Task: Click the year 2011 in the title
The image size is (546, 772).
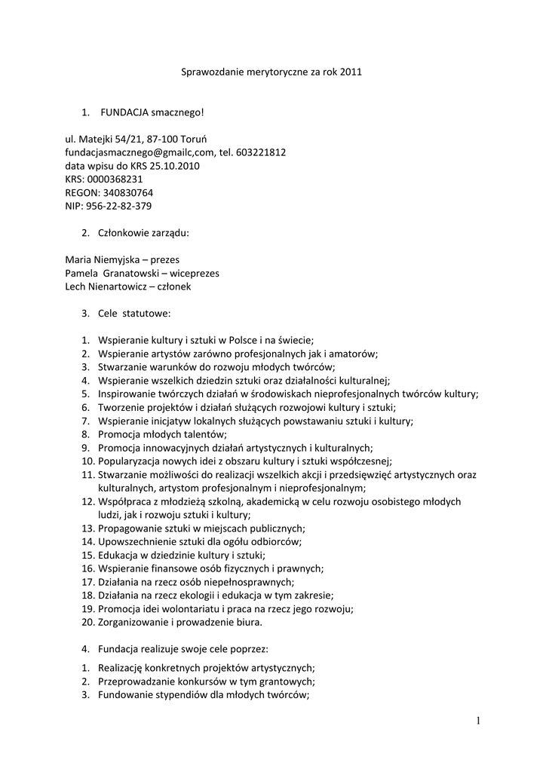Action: pyautogui.click(x=351, y=72)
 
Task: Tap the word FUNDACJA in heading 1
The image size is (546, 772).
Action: pyautogui.click(x=124, y=112)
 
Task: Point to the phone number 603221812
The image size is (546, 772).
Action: pyautogui.click(x=260, y=152)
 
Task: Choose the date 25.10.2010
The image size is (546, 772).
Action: pyautogui.click(x=173, y=166)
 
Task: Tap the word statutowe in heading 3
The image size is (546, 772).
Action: pyautogui.click(x=146, y=313)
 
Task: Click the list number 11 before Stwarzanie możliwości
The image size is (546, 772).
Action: pyautogui.click(x=87, y=474)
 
